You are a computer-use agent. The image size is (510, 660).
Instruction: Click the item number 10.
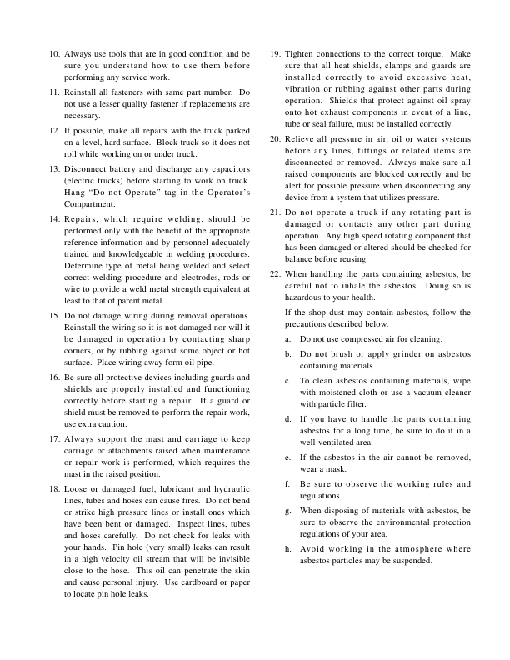(54, 53)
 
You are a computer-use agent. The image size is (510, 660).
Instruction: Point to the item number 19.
(275, 53)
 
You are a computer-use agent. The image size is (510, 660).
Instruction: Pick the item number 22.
(275, 273)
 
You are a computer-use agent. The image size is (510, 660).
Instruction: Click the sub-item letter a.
(287, 339)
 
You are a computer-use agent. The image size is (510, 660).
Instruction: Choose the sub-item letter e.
(287, 458)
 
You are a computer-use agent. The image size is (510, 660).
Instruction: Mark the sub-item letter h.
(287, 549)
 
